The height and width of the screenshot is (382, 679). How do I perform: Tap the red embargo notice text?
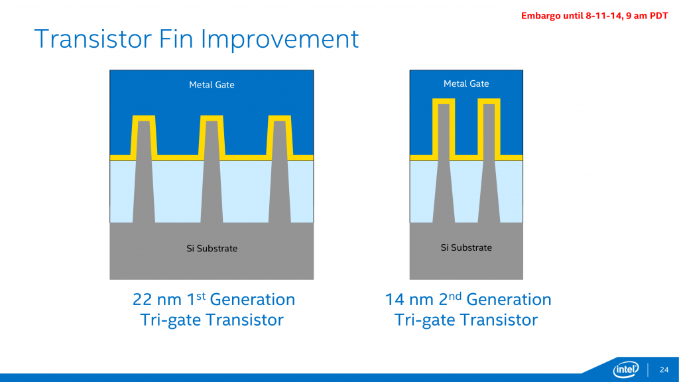[593, 16]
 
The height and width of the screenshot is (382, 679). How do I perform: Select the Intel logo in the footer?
[626, 369]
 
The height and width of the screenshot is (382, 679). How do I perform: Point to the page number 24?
[664, 369]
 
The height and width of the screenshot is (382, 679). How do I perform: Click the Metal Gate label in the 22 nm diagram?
[212, 85]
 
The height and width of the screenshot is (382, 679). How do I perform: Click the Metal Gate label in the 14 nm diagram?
[466, 84]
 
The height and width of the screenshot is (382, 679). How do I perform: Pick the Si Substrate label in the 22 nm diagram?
[212, 249]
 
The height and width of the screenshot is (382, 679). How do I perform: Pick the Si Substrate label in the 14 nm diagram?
[466, 247]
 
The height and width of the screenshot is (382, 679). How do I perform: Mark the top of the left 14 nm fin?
[444, 101]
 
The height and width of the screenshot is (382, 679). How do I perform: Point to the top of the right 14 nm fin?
[489, 101]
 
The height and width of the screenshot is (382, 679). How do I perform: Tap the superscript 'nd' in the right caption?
[457, 294]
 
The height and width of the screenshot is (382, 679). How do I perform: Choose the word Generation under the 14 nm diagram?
[509, 300]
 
